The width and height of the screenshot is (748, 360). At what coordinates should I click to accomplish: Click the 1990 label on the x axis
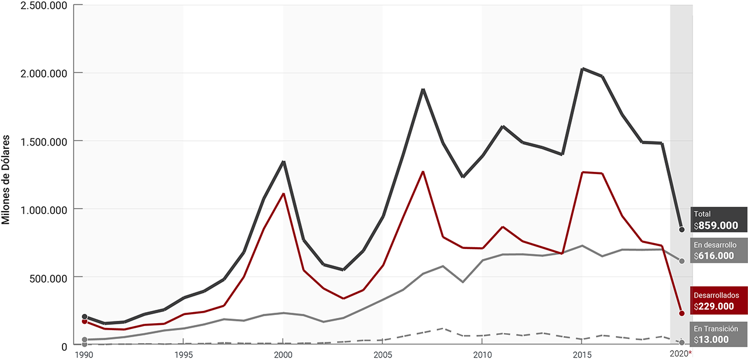pos(84,354)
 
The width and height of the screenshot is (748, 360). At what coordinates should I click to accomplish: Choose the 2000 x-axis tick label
pos(283,354)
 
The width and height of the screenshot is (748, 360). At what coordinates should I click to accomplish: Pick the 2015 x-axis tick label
pos(581,354)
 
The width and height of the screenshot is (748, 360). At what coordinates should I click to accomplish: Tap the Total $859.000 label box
pos(719,220)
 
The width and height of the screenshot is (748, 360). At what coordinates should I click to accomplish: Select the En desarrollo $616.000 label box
pos(719,250)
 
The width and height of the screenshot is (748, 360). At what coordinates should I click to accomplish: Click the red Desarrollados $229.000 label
pos(719,300)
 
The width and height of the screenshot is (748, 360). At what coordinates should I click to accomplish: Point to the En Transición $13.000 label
pos(719,334)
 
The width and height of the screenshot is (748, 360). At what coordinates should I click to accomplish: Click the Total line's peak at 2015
pos(582,69)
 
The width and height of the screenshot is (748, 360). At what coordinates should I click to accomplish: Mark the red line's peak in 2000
pos(283,193)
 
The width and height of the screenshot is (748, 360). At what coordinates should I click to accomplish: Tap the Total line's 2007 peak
pos(423,90)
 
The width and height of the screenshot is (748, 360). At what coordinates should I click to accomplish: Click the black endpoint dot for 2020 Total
pos(681,229)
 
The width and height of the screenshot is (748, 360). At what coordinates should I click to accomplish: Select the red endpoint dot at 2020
pos(681,313)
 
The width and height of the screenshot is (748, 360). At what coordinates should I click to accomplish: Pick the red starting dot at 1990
pos(85,321)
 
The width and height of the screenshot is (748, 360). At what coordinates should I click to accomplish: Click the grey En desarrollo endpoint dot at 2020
pos(681,261)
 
